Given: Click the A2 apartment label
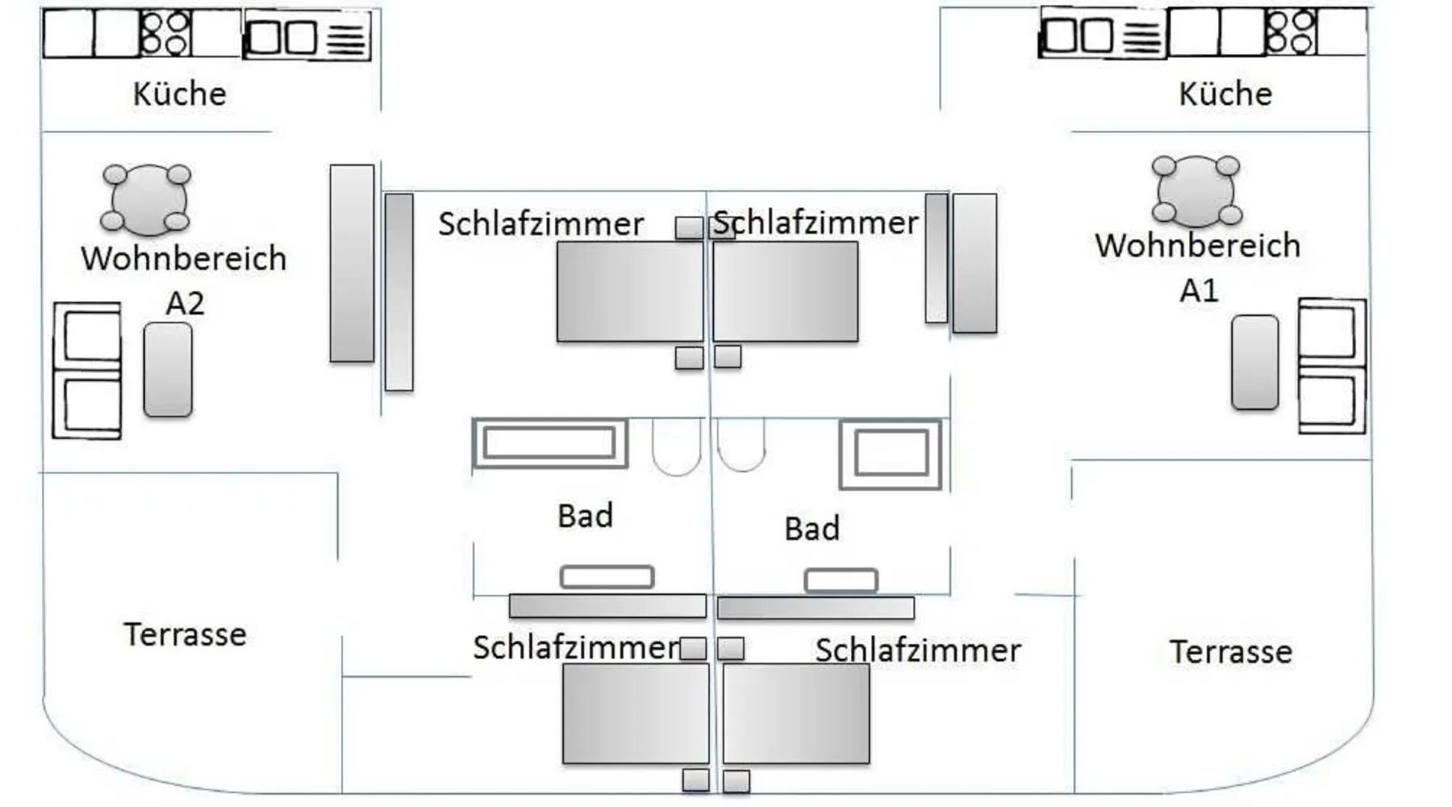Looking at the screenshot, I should coord(185,303).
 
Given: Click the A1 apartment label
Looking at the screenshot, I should coord(1199,291).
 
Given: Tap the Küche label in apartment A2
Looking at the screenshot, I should coord(179,94).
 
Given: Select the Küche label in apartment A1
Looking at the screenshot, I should coord(1225,94).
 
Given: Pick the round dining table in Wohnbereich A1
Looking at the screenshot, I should coord(1196,191).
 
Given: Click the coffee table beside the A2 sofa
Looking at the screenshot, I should coord(168,370).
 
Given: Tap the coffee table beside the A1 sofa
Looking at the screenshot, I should coord(1254,362).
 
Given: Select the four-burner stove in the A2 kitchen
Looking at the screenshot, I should coord(165,33).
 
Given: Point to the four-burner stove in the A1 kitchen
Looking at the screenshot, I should coord(1290,32).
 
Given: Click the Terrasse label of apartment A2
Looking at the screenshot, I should coord(185,634).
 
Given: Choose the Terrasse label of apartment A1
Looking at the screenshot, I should coord(1230,651).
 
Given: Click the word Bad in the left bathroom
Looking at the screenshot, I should coord(585,516).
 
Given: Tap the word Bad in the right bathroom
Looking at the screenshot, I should coord(812,529).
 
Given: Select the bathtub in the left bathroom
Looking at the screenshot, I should coord(549,443).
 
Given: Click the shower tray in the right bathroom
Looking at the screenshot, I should coord(891,454).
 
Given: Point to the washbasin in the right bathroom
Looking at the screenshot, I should coord(841,580).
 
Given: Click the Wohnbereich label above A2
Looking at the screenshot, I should coord(184,258).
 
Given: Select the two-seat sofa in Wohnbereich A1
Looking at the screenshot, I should coord(1331,366).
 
